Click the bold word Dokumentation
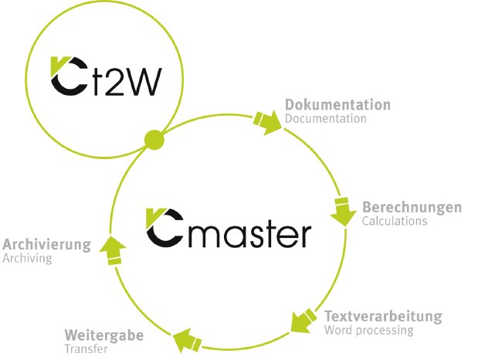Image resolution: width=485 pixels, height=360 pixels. click(x=337, y=105)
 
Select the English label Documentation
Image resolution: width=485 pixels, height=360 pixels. click(x=325, y=119)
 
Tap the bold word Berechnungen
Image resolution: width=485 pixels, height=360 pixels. click(x=412, y=207)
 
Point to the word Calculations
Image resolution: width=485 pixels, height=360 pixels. click(x=394, y=221)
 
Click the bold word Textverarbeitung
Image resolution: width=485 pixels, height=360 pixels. click(x=383, y=317)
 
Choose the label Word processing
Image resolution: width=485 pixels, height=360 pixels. click(x=369, y=331)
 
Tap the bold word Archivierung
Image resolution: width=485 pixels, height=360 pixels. click(x=46, y=245)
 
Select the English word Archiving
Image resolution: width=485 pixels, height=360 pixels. click(x=27, y=259)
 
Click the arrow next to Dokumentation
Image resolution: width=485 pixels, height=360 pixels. click(x=266, y=122)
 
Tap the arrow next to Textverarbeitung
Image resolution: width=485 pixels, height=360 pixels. click(x=302, y=318)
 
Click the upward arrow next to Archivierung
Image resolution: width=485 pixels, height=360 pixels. click(x=113, y=250)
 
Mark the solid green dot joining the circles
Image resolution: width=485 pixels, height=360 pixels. click(x=154, y=141)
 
